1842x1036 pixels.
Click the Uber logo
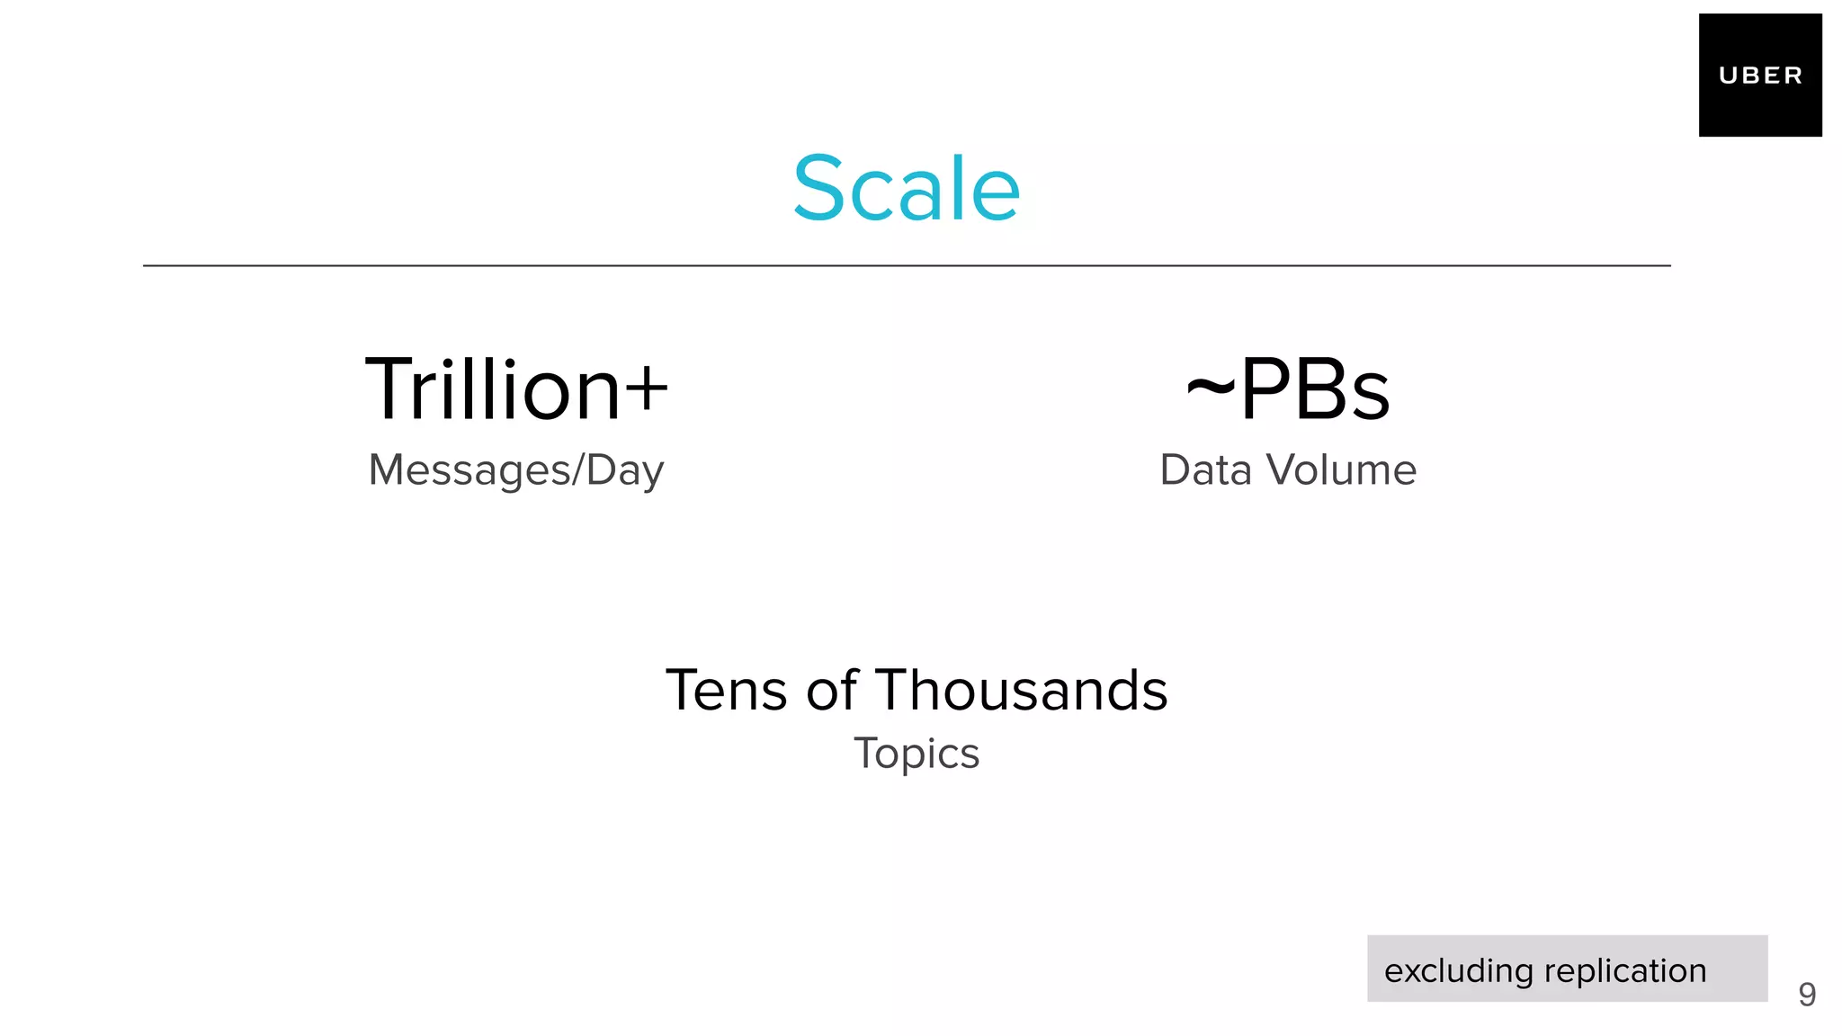pyautogui.click(x=1759, y=76)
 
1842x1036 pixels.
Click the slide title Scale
pyautogui.click(x=907, y=189)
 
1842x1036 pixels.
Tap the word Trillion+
pyautogui.click(x=516, y=389)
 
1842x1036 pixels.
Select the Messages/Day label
pyautogui.click(x=516, y=470)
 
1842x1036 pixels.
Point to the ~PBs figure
pyautogui.click(x=1288, y=389)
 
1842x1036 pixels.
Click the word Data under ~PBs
pyautogui.click(x=1205, y=470)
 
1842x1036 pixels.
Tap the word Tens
pyautogui.click(x=727, y=691)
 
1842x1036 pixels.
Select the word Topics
pyautogui.click(x=917, y=754)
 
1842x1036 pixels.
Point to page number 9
pyautogui.click(x=1807, y=995)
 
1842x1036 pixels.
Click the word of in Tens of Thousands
pyautogui.click(x=832, y=691)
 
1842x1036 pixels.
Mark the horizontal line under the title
pyautogui.click(x=907, y=266)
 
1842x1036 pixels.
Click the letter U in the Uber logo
pyautogui.click(x=1727, y=76)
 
